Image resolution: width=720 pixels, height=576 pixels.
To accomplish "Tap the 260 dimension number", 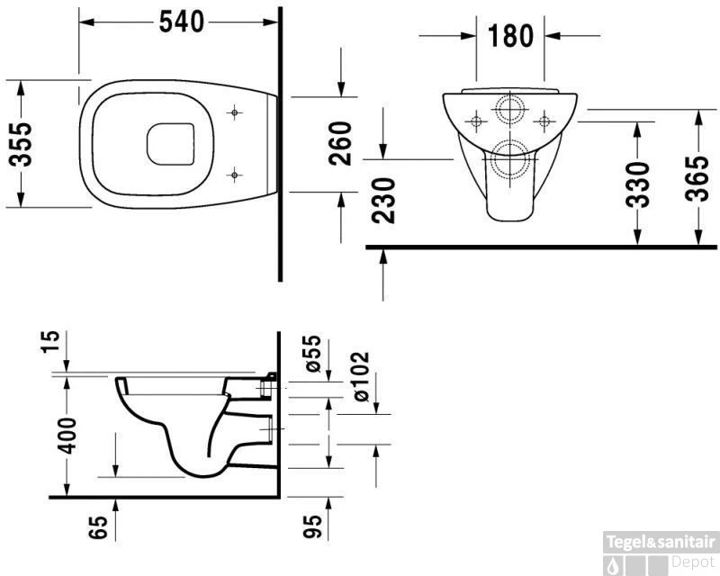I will pyautogui.click(x=340, y=143).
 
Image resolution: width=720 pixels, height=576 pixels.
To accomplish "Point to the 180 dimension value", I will pyautogui.click(x=510, y=36).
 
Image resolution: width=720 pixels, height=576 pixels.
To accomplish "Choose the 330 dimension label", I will pyautogui.click(x=637, y=185).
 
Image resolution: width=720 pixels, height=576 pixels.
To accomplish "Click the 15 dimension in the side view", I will pyautogui.click(x=51, y=341).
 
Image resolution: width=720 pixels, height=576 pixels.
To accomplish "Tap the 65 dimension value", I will pyautogui.click(x=99, y=526).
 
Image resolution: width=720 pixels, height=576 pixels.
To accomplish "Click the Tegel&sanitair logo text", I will pyautogui.click(x=661, y=542).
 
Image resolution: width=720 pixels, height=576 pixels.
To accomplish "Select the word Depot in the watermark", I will pyautogui.click(x=694, y=562).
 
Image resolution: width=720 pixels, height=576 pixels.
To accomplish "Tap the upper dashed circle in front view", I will pyautogui.click(x=510, y=110).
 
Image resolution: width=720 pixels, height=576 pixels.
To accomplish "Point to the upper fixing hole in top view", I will pyautogui.click(x=235, y=113).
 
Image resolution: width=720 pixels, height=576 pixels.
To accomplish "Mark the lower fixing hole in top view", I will pyautogui.click(x=235, y=173).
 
